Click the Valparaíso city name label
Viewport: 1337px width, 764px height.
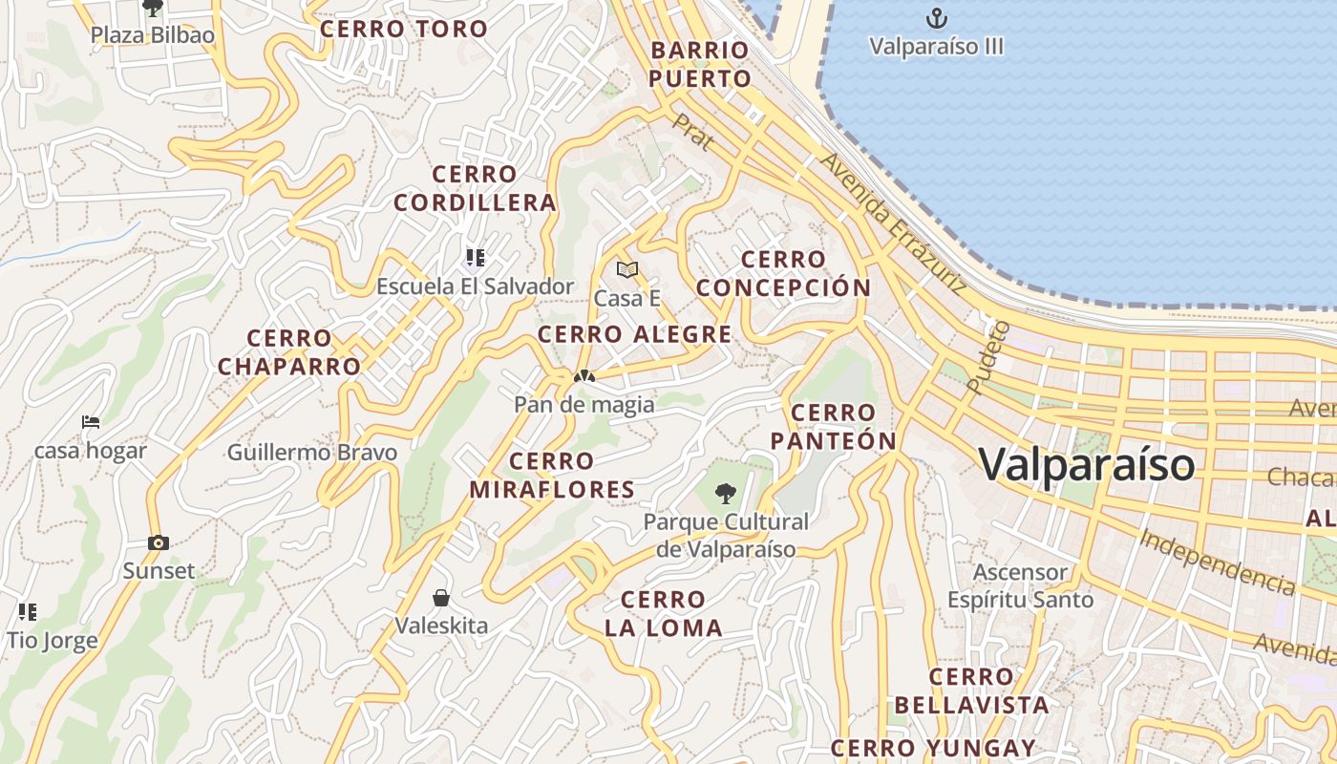[1087, 465]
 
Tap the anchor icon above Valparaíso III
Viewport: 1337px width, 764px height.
[936, 17]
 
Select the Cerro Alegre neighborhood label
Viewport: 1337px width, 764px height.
[634, 334]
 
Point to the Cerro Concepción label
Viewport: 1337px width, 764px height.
[783, 273]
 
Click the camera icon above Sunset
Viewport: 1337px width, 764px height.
[159, 542]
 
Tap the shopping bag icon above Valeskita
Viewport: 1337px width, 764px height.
[441, 598]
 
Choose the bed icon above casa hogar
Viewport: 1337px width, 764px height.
[91, 421]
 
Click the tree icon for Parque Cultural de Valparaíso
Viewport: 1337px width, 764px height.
[726, 494]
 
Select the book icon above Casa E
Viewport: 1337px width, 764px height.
[626, 270]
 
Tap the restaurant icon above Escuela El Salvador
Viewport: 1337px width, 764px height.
[475, 257]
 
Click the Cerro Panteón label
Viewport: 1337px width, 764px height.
[833, 426]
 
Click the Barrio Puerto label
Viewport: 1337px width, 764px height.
[700, 64]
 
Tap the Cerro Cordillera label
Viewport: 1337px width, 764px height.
[475, 188]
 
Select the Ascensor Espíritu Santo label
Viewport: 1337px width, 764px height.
[1020, 585]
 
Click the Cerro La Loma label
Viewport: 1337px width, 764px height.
[663, 613]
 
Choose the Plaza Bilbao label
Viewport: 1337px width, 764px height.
[153, 35]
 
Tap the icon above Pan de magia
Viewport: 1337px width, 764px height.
[584, 376]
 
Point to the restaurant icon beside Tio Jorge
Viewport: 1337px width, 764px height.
[27, 611]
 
